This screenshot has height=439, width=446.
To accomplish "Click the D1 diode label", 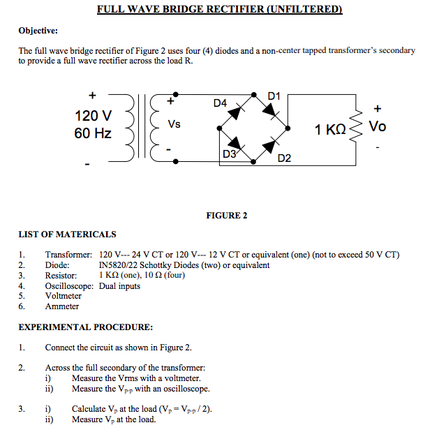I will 274,96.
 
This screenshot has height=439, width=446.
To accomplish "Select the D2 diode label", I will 284,158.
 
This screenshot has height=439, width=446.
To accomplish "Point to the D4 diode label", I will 220,103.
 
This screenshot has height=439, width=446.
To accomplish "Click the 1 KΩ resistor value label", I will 329,130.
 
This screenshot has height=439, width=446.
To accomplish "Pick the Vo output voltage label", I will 377,127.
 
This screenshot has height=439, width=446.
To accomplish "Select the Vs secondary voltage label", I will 174,124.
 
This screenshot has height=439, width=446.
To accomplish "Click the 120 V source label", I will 93,115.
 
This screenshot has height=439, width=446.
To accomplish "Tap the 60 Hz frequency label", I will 93,133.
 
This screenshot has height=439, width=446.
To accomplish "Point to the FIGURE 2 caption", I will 226,216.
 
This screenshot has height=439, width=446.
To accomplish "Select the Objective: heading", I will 38,31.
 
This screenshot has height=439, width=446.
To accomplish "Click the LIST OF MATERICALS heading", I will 67,234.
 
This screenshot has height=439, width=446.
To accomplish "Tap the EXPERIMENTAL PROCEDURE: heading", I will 85,327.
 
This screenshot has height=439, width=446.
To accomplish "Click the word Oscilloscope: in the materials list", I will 70,285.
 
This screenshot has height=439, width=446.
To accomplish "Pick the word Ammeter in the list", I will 62,306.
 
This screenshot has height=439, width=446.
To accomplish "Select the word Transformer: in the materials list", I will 68,255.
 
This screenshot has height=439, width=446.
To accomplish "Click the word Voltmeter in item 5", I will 64,296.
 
